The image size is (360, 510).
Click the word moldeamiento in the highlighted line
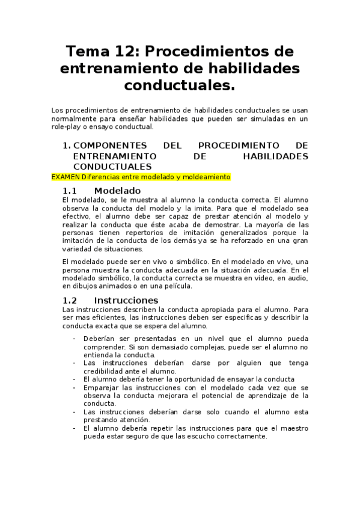pos(206,177)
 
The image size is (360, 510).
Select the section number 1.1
pos(70,190)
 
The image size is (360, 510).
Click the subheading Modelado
pos(117,190)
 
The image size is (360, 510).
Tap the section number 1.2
pos(70,300)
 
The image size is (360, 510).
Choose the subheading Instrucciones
pos(126,300)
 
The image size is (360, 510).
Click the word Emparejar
pos(102,388)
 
